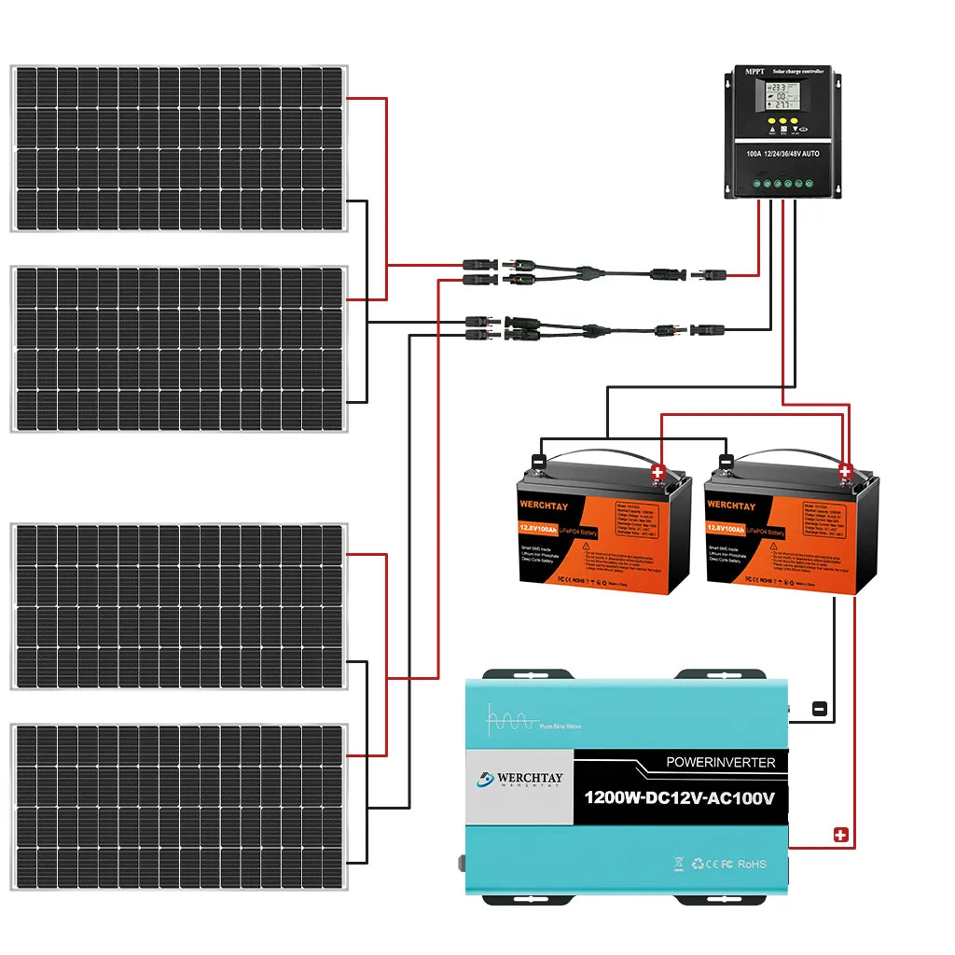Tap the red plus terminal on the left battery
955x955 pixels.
coord(657,472)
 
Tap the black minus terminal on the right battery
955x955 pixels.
coord(726,461)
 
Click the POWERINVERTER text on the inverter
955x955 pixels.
coord(721,762)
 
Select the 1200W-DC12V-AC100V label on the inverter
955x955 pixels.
coord(679,798)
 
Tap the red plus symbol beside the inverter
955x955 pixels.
coord(840,835)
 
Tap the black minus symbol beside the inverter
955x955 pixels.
coord(819,708)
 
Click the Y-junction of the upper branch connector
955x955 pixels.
coord(584,273)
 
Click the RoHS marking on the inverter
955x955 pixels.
coord(752,864)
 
